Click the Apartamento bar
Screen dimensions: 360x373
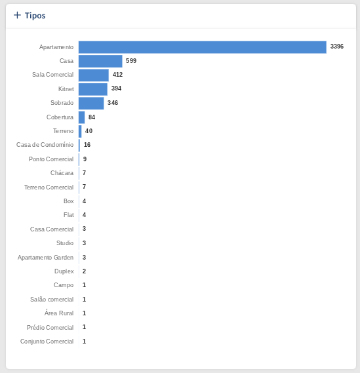pyautogui.click(x=203, y=47)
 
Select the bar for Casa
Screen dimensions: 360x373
pyautogui.click(x=100, y=61)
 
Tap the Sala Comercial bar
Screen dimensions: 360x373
pyautogui.click(x=94, y=75)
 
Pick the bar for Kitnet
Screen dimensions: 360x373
pyautogui.click(x=93, y=89)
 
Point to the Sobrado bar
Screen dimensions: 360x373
pyautogui.click(x=91, y=103)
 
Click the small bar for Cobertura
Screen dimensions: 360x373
pyautogui.click(x=81, y=117)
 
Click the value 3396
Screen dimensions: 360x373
pyautogui.click(x=336, y=47)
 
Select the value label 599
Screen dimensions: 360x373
pyautogui.click(x=131, y=61)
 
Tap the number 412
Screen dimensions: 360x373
pyautogui.click(x=117, y=75)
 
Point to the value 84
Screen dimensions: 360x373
pyautogui.click(x=92, y=117)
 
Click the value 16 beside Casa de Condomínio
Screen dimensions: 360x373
pyautogui.click(x=87, y=145)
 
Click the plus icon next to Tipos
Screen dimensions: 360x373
pyautogui.click(x=17, y=15)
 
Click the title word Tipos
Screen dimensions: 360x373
pyautogui.click(x=35, y=16)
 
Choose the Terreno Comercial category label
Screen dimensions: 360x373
pyautogui.click(x=49, y=187)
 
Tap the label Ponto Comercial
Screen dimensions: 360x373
pyautogui.click(x=51, y=159)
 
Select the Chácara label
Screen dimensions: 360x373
pyautogui.click(x=62, y=172)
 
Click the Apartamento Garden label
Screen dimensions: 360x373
pyautogui.click(x=45, y=258)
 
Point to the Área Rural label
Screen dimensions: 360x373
pyautogui.click(x=59, y=313)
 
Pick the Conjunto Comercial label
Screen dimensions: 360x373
pyautogui.click(x=47, y=342)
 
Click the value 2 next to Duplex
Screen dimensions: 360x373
pyautogui.click(x=84, y=271)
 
